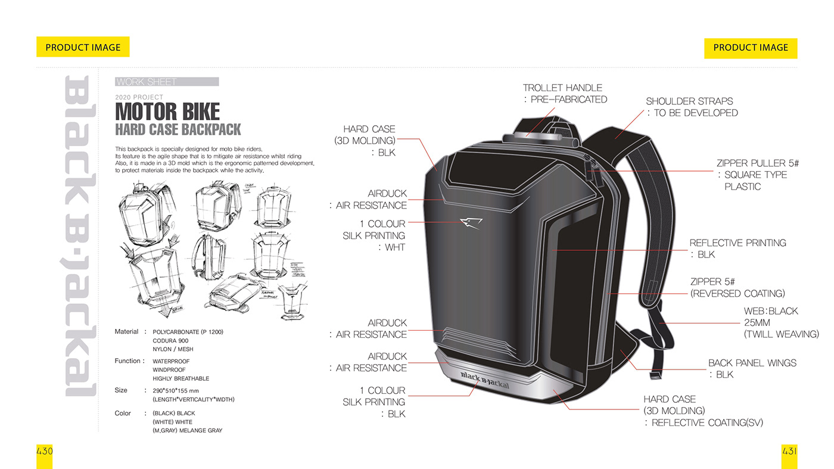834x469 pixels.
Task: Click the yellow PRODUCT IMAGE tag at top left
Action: coord(83,47)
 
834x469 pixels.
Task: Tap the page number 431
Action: coord(789,451)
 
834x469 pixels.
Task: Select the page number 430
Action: coord(45,451)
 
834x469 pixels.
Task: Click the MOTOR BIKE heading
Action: coord(167,111)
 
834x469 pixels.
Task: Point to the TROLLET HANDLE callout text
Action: coord(562,88)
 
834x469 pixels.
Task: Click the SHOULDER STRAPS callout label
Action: coord(689,101)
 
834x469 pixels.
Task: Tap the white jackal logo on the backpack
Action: coord(471,223)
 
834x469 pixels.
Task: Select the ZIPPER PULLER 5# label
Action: coord(757,163)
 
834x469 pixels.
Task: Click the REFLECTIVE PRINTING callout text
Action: coord(737,243)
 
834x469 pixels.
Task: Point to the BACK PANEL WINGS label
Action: coord(752,363)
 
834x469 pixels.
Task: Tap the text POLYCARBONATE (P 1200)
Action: coord(188,332)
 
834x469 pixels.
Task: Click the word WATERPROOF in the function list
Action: coord(171,361)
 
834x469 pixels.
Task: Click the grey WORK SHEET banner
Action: coord(166,82)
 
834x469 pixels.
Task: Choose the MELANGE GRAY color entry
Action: coord(187,430)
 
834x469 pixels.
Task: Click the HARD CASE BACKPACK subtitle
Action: coord(178,129)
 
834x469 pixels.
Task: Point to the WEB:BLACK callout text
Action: coord(770,311)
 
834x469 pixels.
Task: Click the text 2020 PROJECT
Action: coord(139,97)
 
